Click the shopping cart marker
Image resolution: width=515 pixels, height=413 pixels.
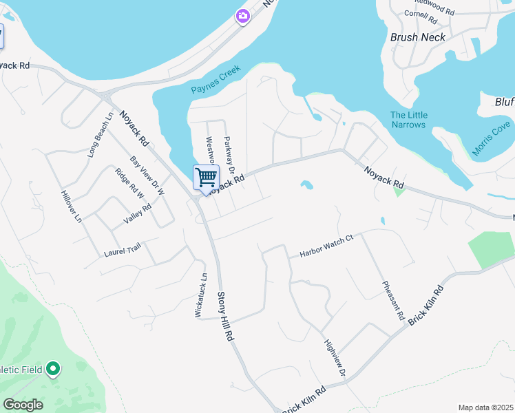[x=207, y=178]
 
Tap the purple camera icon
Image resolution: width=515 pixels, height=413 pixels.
[x=242, y=16]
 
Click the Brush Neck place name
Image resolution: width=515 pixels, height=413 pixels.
[x=417, y=37]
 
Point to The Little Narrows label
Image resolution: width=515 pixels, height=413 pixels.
[x=409, y=120]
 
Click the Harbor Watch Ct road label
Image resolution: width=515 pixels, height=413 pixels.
[x=326, y=246]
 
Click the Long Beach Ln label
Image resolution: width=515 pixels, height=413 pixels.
[x=99, y=136]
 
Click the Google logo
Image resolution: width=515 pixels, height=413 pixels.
[x=23, y=405]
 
